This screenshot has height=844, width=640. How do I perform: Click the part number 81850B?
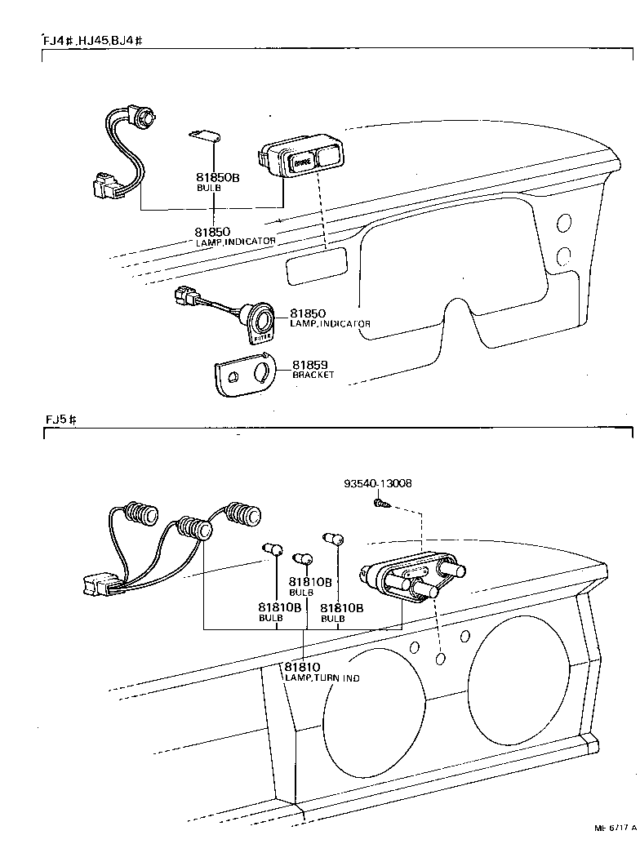point(217,177)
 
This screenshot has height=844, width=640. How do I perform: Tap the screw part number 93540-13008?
point(377,483)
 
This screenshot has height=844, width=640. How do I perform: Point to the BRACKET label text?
point(313,375)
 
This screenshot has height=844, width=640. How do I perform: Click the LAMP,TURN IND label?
point(322,678)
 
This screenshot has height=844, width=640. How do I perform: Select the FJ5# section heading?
point(61,420)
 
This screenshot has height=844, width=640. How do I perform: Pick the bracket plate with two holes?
point(242,375)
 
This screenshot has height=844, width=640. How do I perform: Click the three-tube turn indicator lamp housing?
point(408,579)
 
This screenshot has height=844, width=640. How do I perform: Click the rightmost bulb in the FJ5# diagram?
point(333,539)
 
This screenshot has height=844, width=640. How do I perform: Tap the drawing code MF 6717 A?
point(616,827)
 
